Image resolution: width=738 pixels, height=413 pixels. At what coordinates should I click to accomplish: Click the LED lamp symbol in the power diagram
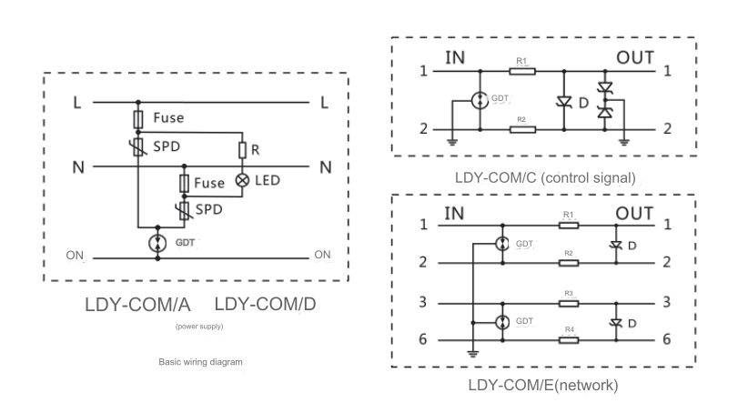pos(243,180)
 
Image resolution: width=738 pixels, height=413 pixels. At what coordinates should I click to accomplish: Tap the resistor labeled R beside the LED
pos(243,150)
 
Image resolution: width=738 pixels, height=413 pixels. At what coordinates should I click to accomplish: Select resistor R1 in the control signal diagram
pos(522,70)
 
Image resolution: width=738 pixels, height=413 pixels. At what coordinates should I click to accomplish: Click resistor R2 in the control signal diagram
pos(522,129)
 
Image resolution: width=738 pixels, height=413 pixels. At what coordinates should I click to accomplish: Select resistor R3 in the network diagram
pos(568,301)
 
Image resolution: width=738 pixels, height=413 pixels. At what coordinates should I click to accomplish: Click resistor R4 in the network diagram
pos(568,339)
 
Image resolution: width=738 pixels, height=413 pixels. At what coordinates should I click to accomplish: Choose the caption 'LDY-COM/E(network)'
pos(543,386)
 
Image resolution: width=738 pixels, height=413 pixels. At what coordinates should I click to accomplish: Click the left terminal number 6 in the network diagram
pos(423,339)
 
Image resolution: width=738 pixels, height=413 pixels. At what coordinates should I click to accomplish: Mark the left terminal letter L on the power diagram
pos(76,102)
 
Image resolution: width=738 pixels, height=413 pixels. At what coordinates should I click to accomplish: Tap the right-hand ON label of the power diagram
pos(322,256)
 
